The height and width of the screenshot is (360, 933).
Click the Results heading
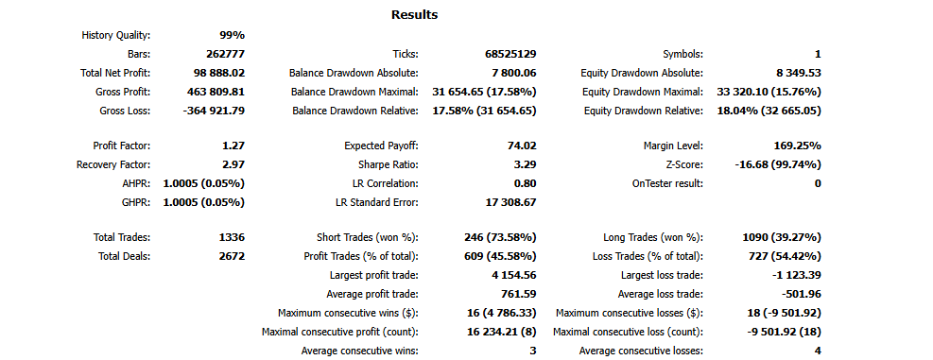[414, 14]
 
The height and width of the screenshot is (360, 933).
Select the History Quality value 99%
[232, 35]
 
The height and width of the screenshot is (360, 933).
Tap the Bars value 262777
[225, 54]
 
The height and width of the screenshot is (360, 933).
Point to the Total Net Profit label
[109, 73]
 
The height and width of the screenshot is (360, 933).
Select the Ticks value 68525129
[505, 54]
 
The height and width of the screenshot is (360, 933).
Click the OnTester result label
[667, 183]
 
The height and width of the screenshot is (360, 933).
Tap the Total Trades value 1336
[231, 237]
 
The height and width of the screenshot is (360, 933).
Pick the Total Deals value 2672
[231, 256]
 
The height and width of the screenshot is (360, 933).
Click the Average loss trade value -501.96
[799, 294]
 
